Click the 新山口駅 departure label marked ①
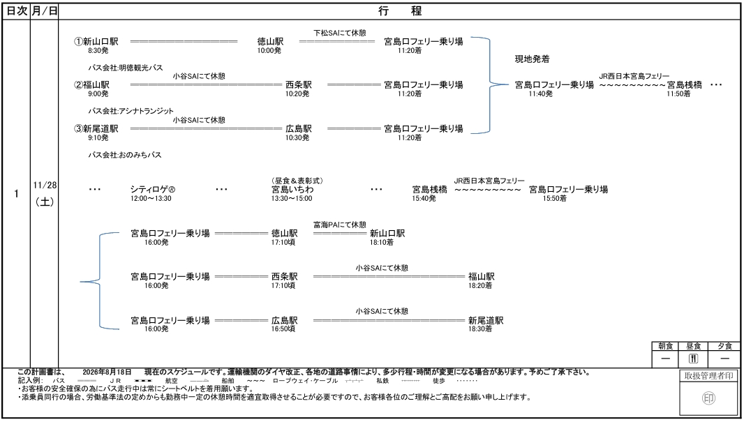pyautogui.click(x=96, y=41)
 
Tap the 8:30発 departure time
pyautogui.click(x=98, y=50)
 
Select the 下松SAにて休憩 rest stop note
pyautogui.click(x=340, y=33)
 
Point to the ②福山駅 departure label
pyautogui.click(x=92, y=85)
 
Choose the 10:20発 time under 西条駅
pyautogui.click(x=297, y=94)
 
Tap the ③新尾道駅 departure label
pyautogui.click(x=96, y=128)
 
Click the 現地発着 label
pyautogui.click(x=533, y=59)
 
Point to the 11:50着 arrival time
pyautogui.click(x=678, y=94)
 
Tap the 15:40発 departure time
pyautogui.click(x=424, y=198)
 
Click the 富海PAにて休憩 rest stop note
pyautogui.click(x=340, y=225)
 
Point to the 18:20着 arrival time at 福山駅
pyautogui.click(x=480, y=285)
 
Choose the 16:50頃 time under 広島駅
pyautogui.click(x=283, y=329)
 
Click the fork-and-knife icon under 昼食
pyautogui.click(x=693, y=359)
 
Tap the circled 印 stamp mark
pyautogui.click(x=708, y=398)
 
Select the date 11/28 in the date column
pyautogui.click(x=45, y=185)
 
